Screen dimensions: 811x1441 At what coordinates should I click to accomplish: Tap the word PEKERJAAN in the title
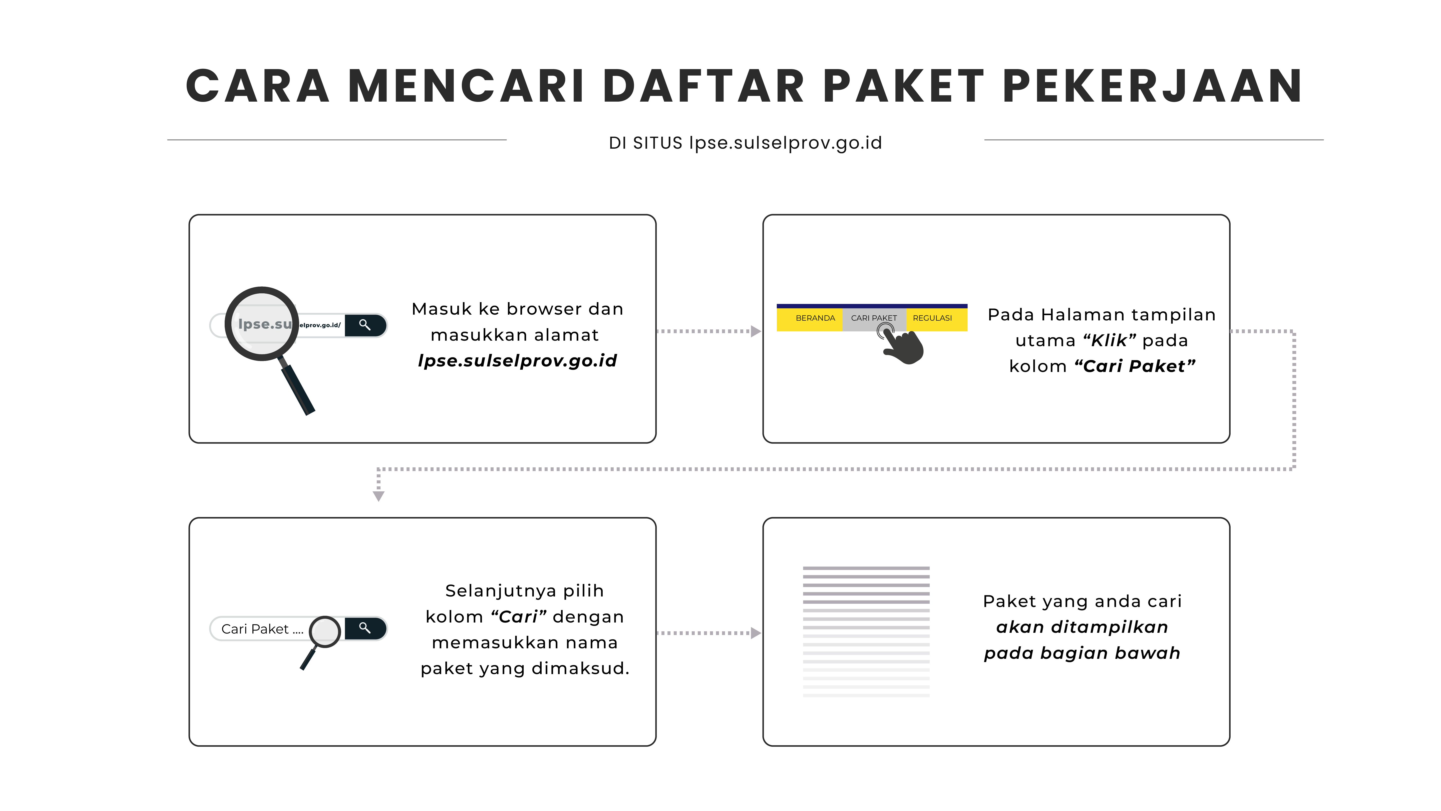coord(1152,87)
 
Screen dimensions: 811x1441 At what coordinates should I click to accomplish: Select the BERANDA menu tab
coord(815,318)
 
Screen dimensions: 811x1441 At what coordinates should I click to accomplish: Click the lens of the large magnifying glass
coord(262,323)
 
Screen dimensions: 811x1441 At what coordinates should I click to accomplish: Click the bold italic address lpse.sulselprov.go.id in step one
coord(517,360)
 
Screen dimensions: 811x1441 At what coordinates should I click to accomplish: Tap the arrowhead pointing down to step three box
coord(379,496)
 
